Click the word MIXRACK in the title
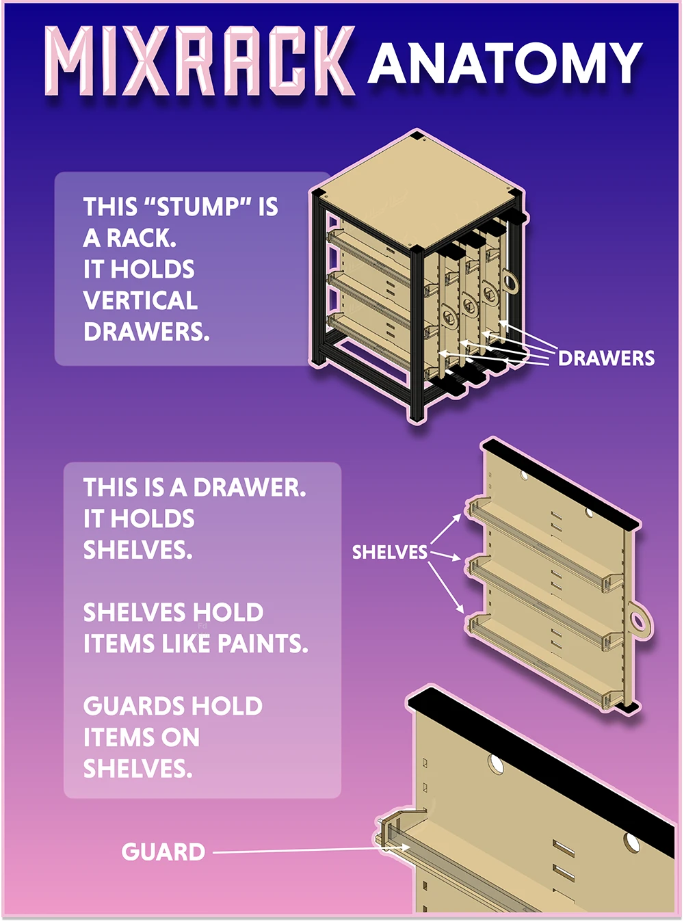point(199,61)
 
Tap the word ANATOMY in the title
point(505,62)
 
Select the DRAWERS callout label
point(606,358)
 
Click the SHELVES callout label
point(390,552)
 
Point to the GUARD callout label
point(163,852)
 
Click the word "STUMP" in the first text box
point(196,207)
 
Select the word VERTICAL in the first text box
point(140,300)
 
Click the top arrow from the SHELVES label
point(446,529)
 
